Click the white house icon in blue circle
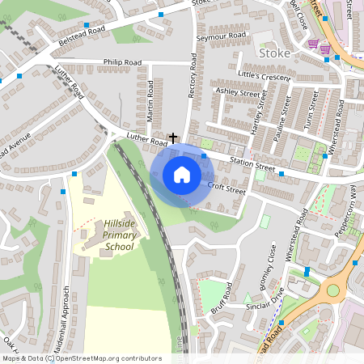point(182,174)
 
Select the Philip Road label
point(122,62)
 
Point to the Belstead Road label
point(82,32)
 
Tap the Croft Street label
point(226,188)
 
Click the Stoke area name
point(276,53)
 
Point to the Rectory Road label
point(193,77)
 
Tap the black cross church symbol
point(172,139)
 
